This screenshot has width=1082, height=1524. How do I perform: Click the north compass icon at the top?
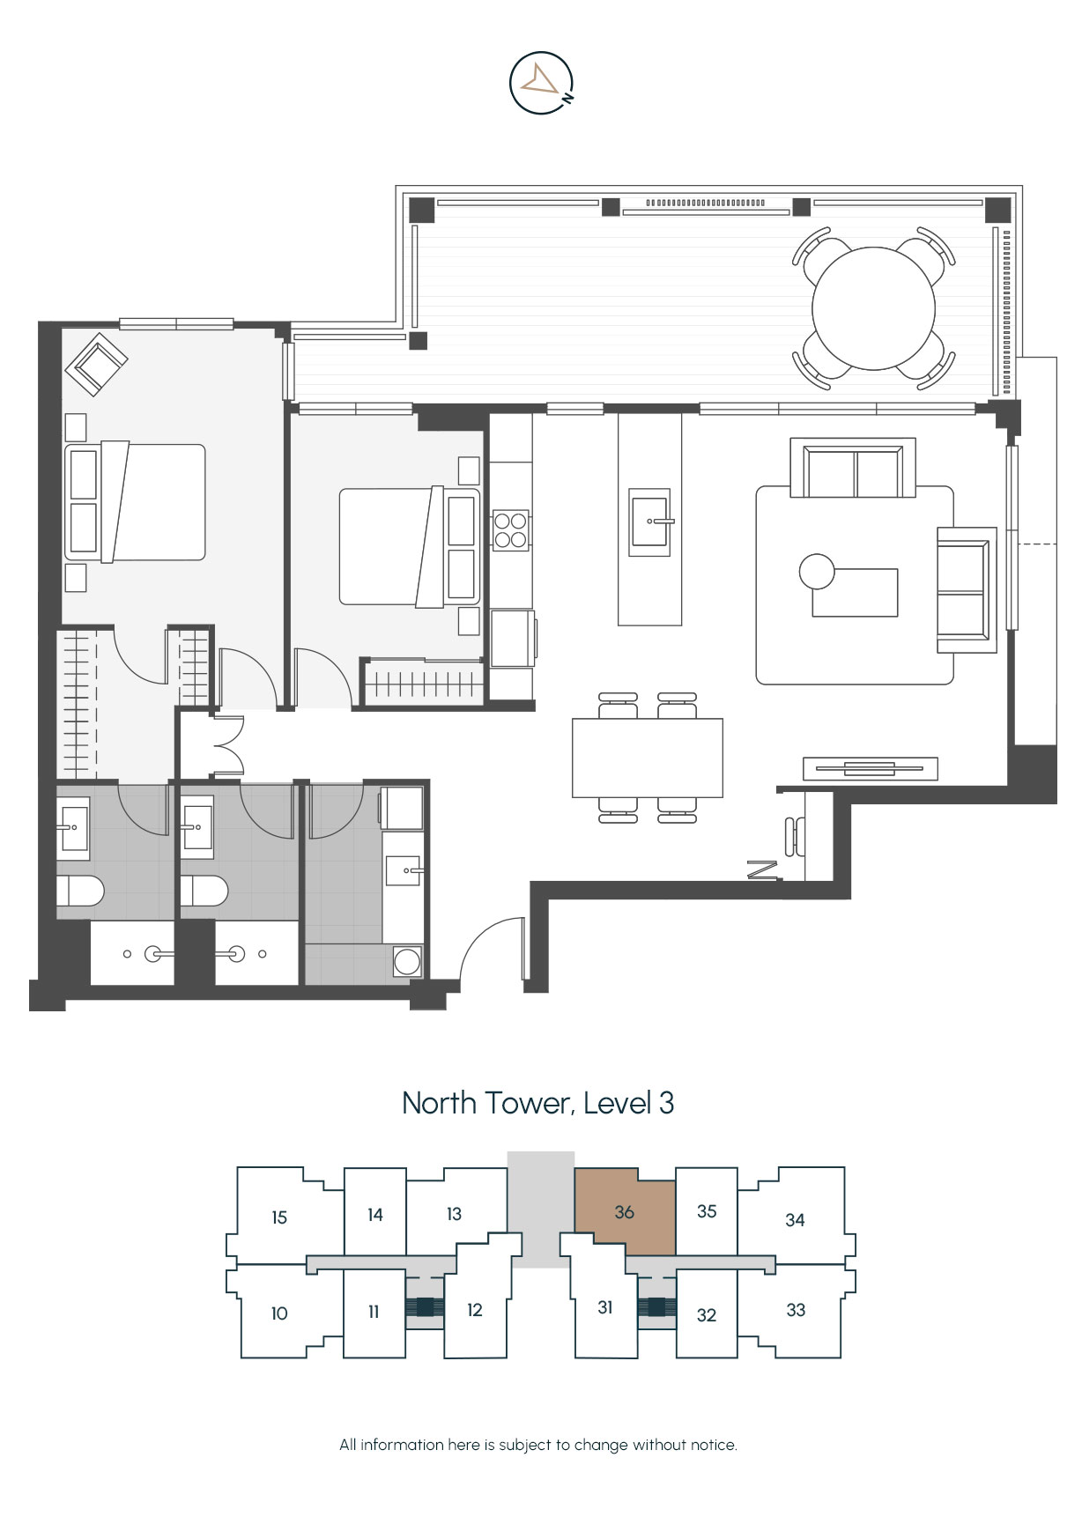(x=541, y=83)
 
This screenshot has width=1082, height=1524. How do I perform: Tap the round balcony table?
(x=873, y=308)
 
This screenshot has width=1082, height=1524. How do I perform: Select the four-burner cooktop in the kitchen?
(x=510, y=530)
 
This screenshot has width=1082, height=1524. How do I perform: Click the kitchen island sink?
(x=649, y=522)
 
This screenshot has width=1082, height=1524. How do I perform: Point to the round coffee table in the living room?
(x=817, y=572)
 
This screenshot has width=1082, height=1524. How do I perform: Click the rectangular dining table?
(x=648, y=758)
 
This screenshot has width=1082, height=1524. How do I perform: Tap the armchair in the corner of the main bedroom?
(x=96, y=364)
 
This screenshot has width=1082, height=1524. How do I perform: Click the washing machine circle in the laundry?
(x=407, y=961)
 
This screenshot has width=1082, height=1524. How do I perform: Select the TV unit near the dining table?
(x=871, y=768)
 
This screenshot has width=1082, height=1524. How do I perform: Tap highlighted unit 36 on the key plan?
(x=625, y=1212)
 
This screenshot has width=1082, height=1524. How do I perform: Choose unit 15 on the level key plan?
(x=279, y=1217)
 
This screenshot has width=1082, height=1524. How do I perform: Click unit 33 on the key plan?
(x=796, y=1310)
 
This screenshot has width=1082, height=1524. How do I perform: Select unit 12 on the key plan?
(x=475, y=1310)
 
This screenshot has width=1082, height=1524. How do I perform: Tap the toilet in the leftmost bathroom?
(x=80, y=891)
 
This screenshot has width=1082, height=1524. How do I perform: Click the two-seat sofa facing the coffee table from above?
(x=853, y=468)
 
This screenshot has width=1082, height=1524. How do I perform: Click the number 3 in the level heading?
(x=666, y=1103)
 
